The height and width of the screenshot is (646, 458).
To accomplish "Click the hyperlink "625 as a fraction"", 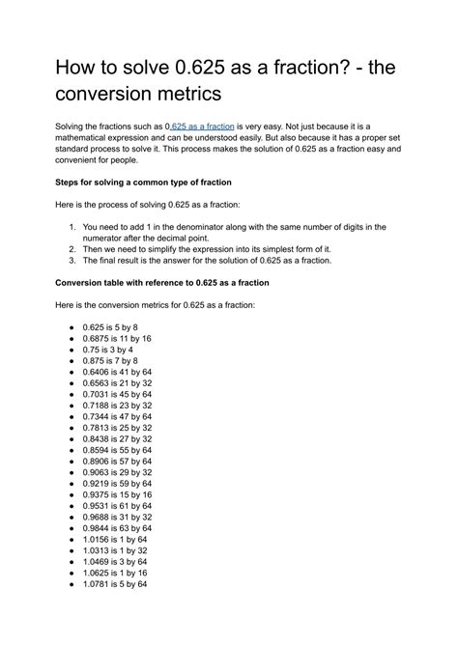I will (202, 126).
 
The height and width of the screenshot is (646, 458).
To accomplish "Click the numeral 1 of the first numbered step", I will (72, 227).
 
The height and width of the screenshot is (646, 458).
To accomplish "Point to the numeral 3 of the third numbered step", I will (72, 260).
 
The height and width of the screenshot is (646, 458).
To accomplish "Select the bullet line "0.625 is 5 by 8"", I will (110, 327).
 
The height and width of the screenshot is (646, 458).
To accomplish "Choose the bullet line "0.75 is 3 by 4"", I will (107, 350).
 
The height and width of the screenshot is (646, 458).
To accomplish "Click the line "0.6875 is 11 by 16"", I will (117, 339).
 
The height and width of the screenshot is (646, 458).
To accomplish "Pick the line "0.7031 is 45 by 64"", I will (117, 394).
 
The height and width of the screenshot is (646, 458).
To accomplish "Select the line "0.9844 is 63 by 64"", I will (117, 527).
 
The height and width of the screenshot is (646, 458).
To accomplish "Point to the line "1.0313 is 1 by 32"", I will (115, 549).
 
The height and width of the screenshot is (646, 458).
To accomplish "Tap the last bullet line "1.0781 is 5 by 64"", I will (115, 583).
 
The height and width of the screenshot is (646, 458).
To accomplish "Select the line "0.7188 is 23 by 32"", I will (117, 406).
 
